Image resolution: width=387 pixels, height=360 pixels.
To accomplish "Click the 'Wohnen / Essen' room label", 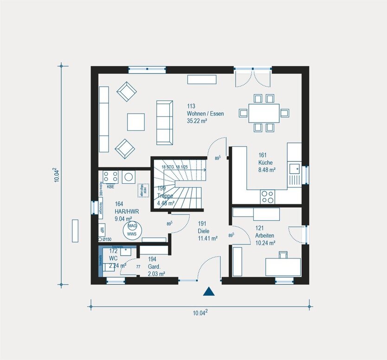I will (x=205, y=113).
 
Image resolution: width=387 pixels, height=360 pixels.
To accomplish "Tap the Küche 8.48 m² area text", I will (x=267, y=170).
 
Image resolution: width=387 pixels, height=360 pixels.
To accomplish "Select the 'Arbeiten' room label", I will (x=265, y=235).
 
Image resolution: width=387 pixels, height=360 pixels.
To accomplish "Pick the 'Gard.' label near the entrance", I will (x=154, y=267).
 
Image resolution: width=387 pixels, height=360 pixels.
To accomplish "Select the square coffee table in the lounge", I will (x=136, y=122).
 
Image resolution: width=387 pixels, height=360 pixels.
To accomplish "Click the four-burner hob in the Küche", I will (x=267, y=197).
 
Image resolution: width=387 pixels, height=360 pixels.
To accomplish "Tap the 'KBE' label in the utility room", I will (x=110, y=186).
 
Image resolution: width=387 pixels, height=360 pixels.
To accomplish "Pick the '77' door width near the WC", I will (x=138, y=267).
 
